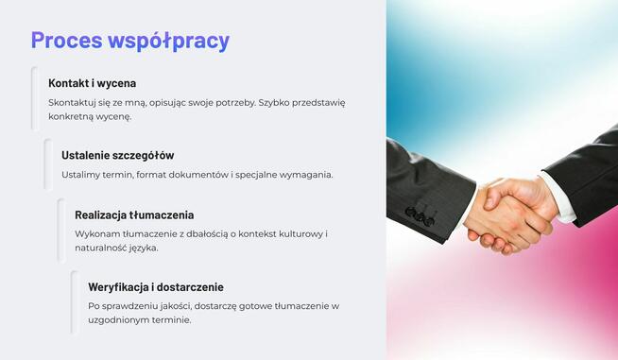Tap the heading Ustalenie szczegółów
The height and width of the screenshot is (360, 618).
[x=118, y=155]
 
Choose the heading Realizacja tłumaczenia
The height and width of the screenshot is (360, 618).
[x=134, y=214]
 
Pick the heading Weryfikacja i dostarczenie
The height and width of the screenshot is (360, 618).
[x=156, y=286]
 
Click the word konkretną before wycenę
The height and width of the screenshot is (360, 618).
[x=73, y=117]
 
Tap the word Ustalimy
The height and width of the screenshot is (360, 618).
[x=82, y=175]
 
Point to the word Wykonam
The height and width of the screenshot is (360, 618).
[x=97, y=233]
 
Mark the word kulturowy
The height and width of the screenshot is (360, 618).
[x=296, y=233]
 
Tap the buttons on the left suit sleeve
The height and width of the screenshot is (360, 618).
[x=420, y=215]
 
